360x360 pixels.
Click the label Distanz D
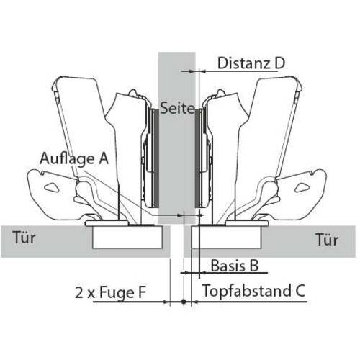(x=251, y=63)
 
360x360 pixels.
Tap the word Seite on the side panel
(x=177, y=108)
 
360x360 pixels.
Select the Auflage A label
(x=74, y=159)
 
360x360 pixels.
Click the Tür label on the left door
(x=24, y=238)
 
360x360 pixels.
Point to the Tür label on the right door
(x=327, y=239)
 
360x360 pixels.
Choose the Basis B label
(x=235, y=266)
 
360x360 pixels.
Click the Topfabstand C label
(x=253, y=292)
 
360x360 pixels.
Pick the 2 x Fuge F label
(x=111, y=292)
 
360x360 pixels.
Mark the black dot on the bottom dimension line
(x=184, y=302)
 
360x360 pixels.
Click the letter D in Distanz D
(x=279, y=63)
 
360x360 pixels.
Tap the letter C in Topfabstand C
(x=300, y=290)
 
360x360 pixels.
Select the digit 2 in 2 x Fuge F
(x=79, y=292)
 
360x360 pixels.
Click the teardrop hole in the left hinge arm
(x=53, y=187)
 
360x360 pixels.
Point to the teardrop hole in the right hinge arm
(x=302, y=187)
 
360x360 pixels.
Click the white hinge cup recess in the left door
(x=127, y=237)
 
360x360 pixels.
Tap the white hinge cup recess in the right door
(x=226, y=237)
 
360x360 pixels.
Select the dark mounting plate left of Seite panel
(x=156, y=158)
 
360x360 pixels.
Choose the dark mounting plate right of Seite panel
(x=198, y=158)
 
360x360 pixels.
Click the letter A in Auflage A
(x=104, y=159)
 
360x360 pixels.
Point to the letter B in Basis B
(x=254, y=266)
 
